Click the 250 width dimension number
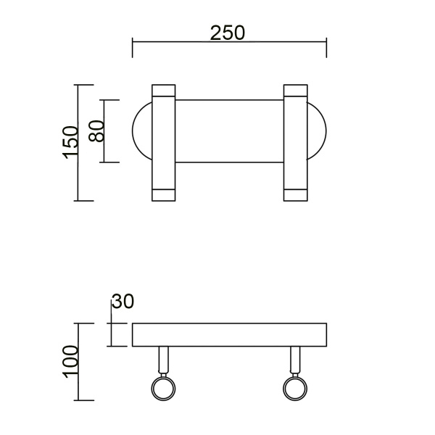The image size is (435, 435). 228,33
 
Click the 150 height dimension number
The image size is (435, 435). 70,141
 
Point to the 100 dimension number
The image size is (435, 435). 70,361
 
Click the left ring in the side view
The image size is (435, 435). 162,388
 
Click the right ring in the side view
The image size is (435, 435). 294,388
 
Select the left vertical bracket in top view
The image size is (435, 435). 163,143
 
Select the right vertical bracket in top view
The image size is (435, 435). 295,143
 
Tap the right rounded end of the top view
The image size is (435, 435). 317,131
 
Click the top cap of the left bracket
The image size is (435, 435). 163,91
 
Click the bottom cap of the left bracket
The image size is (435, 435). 163,194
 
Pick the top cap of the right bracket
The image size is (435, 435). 295,91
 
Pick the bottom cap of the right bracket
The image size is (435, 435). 295,194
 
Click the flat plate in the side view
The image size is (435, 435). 229,334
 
